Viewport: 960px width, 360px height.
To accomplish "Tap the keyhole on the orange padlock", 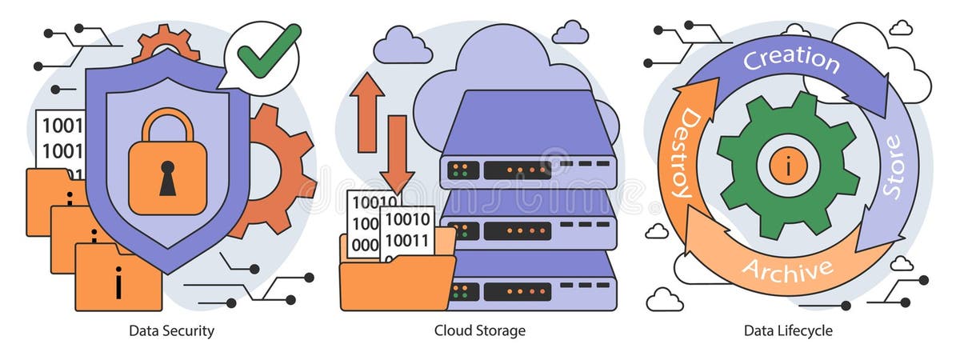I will click(167, 178).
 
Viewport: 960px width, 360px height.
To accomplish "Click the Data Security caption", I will click(171, 330).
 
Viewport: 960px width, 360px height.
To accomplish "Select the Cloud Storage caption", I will click(480, 330).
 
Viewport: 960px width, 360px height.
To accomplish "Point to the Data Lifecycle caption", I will click(788, 330).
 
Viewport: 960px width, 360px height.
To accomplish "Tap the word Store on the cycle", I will click(891, 166).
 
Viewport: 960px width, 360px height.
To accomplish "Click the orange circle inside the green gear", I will click(787, 166).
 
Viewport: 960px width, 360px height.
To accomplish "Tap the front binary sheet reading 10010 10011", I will click(408, 232).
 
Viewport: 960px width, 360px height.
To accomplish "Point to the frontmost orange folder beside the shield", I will click(117, 280).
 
